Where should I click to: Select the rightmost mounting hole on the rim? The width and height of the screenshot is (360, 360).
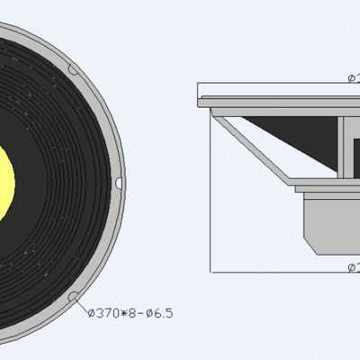pos(119,183)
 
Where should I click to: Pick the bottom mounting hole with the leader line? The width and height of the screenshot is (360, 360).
pos(73,297)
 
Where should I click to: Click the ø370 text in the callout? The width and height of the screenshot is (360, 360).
pos(104,312)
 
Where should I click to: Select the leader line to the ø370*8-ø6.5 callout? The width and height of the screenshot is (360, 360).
pos(82,305)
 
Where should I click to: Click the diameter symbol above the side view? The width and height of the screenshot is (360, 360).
pos(351,79)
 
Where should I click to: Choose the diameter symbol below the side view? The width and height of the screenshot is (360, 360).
pos(351,266)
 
